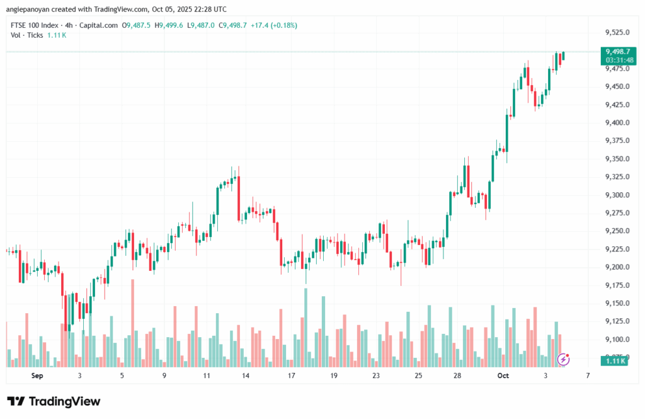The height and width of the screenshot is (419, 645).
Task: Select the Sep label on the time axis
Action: (37, 375)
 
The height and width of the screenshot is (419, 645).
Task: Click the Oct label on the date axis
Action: (503, 375)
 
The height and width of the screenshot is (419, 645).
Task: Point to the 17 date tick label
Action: (291, 375)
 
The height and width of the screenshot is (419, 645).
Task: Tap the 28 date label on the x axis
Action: (457, 375)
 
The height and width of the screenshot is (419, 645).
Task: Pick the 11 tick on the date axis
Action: (207, 375)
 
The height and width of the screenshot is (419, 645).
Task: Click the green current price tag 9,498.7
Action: (617, 51)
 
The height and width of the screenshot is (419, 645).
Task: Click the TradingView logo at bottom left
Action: (54, 401)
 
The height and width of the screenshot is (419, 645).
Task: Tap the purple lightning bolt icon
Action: (564, 359)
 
